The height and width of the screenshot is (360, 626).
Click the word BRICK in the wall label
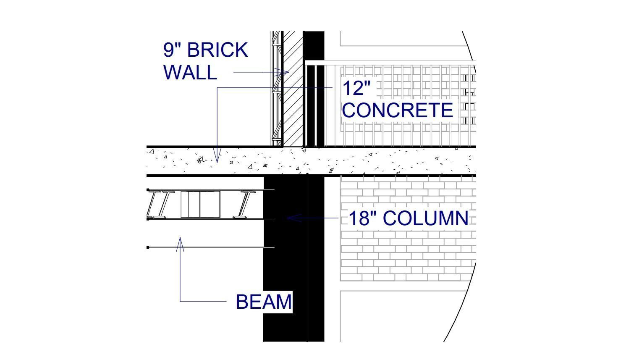[217, 50]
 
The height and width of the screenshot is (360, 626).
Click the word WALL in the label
[190, 72]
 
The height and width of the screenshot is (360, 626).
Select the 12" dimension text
[356, 88]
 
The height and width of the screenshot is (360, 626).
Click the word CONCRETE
[397, 110]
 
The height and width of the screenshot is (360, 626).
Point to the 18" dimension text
[362, 218]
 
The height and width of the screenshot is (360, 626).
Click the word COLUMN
[425, 218]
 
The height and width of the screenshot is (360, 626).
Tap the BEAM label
[264, 302]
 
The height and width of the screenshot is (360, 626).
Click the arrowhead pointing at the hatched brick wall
[282, 72]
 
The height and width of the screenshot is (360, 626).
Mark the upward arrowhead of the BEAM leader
[180, 244]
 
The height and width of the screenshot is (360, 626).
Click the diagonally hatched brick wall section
[293, 89]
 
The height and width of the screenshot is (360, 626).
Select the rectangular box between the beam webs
[200, 204]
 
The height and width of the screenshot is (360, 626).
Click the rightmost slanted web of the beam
[245, 204]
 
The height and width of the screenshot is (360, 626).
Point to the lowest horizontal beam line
[211, 247]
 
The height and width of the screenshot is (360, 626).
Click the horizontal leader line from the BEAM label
[203, 301]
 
